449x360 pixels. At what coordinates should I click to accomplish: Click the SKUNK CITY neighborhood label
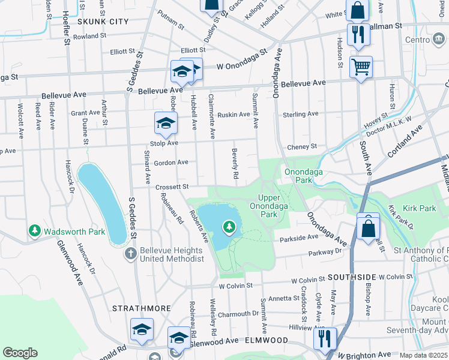coord(103,21)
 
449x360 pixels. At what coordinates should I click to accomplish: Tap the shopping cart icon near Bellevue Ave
coord(361,67)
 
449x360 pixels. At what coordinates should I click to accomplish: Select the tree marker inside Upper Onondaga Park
coord(228,227)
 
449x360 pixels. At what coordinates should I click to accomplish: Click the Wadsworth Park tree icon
coord(35,231)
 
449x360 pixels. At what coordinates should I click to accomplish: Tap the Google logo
coord(20,353)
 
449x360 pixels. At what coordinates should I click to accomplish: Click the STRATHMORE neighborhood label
coord(138,308)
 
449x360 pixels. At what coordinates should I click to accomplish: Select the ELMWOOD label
coord(265,340)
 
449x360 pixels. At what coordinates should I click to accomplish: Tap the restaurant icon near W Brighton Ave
coord(325,338)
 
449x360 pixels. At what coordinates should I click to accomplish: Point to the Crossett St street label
coord(172,187)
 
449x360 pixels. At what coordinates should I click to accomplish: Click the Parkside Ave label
coord(298,238)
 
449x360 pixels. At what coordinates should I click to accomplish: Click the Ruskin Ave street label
coord(234,114)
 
